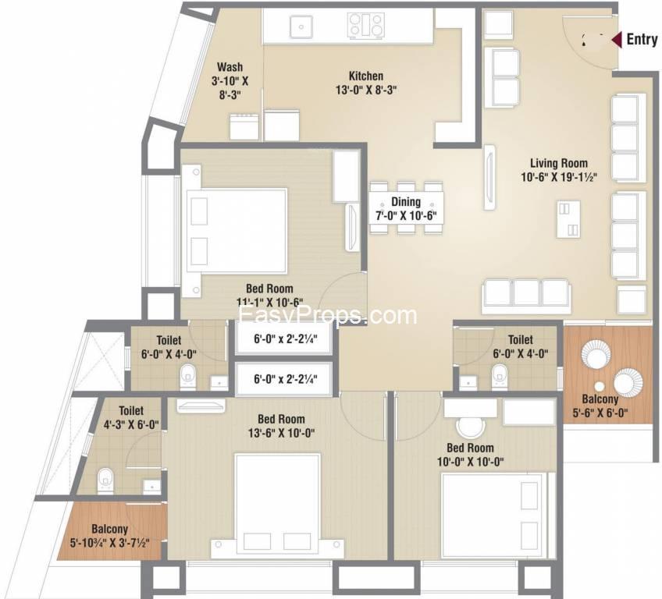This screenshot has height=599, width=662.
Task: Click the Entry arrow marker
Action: point(617,40)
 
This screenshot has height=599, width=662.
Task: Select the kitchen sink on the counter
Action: point(301,27)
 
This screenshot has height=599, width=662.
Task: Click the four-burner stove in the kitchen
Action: point(366,25)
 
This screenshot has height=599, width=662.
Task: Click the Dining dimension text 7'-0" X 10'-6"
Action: point(406,216)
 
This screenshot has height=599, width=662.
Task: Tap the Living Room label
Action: point(559,163)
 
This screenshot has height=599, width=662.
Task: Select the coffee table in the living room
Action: point(568,219)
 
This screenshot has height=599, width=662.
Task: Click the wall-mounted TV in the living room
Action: point(489,177)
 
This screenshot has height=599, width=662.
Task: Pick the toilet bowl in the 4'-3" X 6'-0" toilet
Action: point(105,480)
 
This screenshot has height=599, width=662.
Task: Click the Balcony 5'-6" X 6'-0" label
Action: point(600,406)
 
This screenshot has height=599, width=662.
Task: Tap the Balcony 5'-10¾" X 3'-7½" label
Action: point(110,535)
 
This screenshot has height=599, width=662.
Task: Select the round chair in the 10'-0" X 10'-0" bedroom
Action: point(470,426)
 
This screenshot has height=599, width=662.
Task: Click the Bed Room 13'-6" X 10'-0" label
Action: point(282,426)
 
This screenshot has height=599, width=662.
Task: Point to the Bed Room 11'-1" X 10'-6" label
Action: point(270,295)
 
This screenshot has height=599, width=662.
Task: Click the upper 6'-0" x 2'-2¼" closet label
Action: point(286,338)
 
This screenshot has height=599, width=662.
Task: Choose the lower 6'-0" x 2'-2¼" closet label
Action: point(286,379)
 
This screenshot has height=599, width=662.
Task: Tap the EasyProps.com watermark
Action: point(328,316)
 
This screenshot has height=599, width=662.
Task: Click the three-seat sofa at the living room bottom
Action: point(527,296)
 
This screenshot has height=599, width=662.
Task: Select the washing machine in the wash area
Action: point(244,126)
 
